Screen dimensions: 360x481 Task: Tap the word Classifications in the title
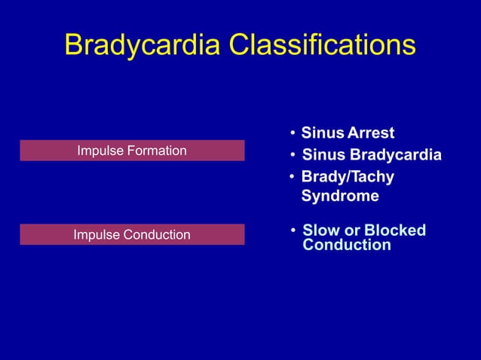(322, 45)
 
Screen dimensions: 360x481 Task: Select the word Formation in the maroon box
(158, 151)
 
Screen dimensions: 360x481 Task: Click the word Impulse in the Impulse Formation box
(101, 151)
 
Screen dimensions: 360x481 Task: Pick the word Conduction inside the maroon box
(156, 235)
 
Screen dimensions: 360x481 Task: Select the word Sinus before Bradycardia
(321, 155)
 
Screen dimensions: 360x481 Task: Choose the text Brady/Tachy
(348, 177)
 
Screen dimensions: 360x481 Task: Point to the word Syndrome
(340, 197)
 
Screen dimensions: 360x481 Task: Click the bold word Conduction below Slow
(347, 246)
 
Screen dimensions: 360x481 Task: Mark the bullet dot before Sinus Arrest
(293, 134)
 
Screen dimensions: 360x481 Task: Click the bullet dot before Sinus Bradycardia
(293, 156)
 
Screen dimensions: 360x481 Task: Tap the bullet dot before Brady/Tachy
(293, 178)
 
